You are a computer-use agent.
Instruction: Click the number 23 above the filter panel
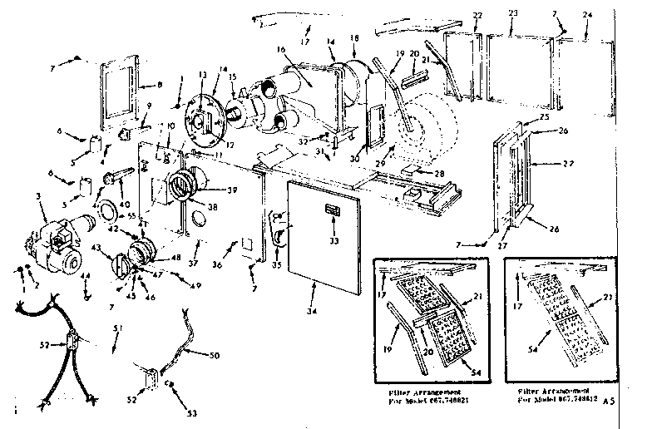512,13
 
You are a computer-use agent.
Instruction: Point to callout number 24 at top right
588,14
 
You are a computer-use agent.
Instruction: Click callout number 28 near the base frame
439,173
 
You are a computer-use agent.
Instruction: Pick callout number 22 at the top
477,16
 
